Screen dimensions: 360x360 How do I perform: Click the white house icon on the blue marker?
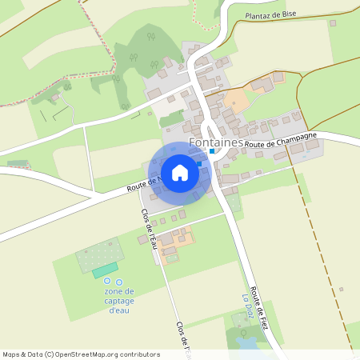click(x=180, y=172)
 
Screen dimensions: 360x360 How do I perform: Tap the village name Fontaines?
click(x=216, y=142)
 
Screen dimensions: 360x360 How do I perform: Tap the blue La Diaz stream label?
click(x=247, y=306)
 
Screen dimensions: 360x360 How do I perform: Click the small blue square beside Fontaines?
click(x=212, y=151)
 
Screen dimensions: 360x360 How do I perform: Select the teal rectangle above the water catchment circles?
click(x=104, y=272)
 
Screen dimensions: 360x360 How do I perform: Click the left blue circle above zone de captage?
click(x=107, y=282)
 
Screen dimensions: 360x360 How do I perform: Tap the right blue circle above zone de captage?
click(x=119, y=282)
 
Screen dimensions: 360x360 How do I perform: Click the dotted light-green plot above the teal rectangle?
click(x=99, y=254)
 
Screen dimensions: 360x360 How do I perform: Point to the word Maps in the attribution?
click(x=12, y=354)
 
